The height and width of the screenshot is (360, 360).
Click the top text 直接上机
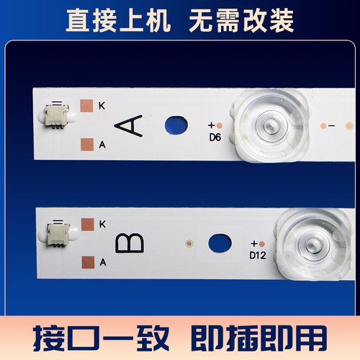tap(118, 21)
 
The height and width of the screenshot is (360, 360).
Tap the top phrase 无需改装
tap(241, 21)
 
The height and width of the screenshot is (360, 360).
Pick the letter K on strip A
tap(102, 105)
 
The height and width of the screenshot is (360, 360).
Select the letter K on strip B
tap(102, 224)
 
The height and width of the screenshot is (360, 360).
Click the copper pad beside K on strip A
tap(86, 105)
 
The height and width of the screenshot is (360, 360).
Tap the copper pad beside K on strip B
tap(87, 224)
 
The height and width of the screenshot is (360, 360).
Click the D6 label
tap(214, 137)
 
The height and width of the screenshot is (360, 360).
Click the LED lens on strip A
tap(269, 125)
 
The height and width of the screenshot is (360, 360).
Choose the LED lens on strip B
tap(314, 245)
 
